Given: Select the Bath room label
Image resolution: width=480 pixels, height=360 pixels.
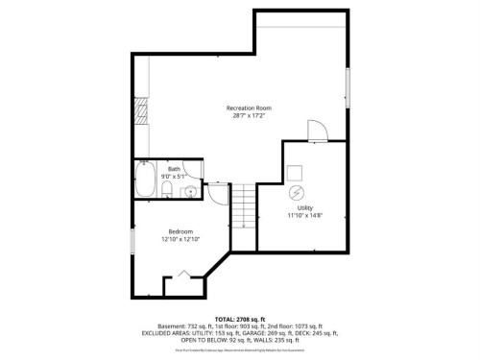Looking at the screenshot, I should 174,169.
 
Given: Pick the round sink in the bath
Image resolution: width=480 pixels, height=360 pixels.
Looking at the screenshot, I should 190,191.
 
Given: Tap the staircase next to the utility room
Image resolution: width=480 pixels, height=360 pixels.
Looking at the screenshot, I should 247,209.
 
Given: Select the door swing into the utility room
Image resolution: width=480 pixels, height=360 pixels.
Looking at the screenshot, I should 315,132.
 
